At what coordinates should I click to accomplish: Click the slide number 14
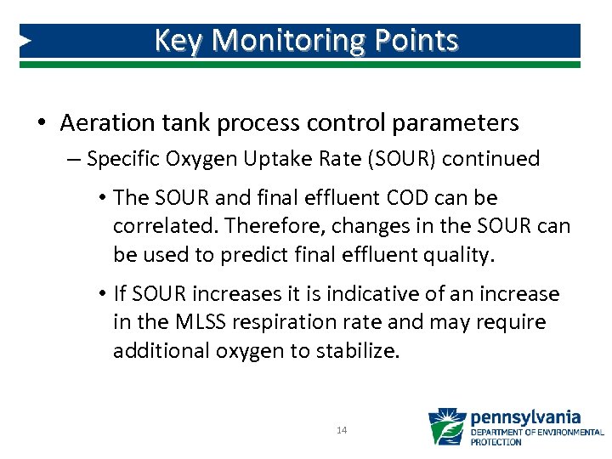pyautogui.click(x=342, y=431)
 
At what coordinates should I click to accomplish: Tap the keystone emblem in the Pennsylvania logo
pyautogui.click(x=446, y=427)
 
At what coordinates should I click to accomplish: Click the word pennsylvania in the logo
pyautogui.click(x=525, y=416)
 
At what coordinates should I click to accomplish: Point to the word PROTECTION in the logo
pyautogui.click(x=497, y=442)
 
